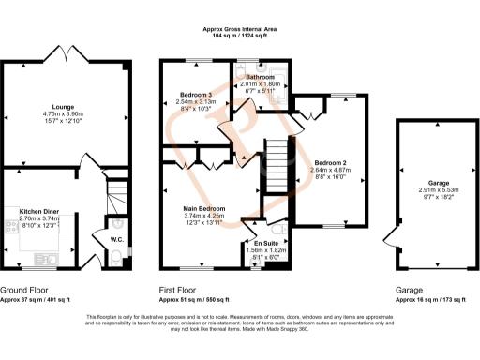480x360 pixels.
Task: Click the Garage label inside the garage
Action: click(427, 185)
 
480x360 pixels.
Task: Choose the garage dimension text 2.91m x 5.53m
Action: click(427, 191)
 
